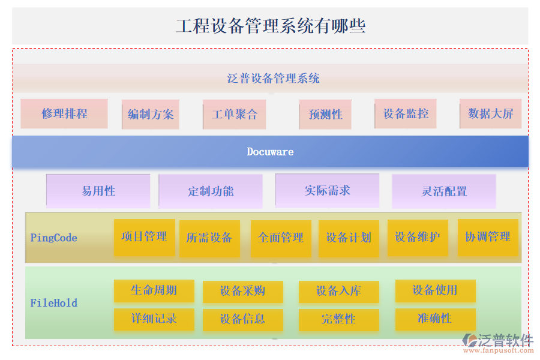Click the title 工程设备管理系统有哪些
270,26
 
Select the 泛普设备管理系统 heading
273,78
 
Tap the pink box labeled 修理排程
64,114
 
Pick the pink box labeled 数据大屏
490,114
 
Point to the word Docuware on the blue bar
270,152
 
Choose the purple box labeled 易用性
98,191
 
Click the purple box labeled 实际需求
327,191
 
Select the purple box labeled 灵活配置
444,191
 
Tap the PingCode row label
53,238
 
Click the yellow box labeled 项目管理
144,237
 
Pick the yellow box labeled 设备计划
349,238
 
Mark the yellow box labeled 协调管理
487,238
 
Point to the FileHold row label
53,303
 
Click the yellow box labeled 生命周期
154,290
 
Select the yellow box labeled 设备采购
242,292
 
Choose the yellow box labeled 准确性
435,319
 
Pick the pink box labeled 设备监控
406,113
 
